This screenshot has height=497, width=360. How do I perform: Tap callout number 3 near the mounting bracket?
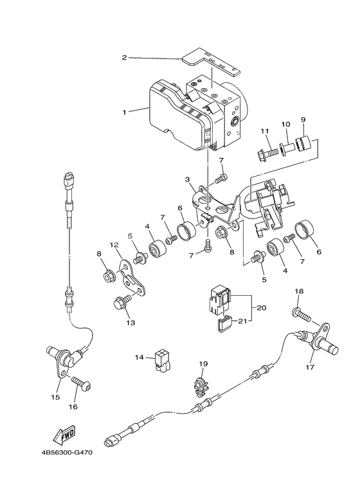tap(187, 179)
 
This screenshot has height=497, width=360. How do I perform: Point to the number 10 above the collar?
tap(285, 123)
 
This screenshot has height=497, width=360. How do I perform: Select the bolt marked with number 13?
tap(122, 302)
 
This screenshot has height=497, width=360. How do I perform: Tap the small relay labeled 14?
tap(161, 362)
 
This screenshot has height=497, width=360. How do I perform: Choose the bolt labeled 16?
tap(81, 383)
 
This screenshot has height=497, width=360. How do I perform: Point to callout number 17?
tap(310, 368)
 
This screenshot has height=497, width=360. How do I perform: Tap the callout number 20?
tap(261, 307)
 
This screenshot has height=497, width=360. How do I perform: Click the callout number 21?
tap(242, 321)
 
